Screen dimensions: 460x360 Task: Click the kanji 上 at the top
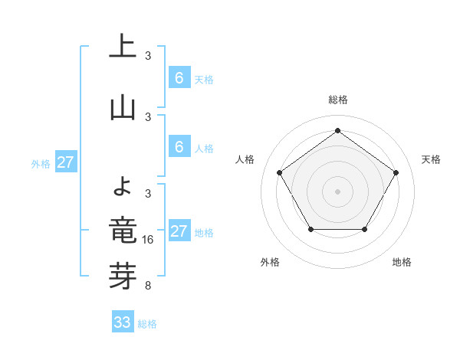click(x=123, y=47)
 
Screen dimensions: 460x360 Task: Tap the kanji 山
click(x=123, y=108)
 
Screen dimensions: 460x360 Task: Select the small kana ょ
click(x=123, y=184)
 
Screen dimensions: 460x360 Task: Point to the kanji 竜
click(x=123, y=231)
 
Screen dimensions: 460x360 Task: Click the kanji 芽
click(x=123, y=277)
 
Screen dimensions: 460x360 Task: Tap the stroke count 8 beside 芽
click(x=148, y=286)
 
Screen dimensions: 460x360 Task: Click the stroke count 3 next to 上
click(x=148, y=56)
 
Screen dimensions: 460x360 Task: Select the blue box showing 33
click(x=123, y=322)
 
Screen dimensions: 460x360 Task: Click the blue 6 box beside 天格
click(x=179, y=78)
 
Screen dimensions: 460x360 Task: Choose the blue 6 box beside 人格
click(x=179, y=147)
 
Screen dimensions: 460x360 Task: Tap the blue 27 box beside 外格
click(x=66, y=162)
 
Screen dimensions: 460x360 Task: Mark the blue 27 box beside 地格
click(x=179, y=231)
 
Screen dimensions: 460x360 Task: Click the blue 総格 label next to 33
click(x=147, y=324)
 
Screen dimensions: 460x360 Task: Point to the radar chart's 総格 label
click(x=337, y=100)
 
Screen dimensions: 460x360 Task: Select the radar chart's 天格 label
click(x=431, y=159)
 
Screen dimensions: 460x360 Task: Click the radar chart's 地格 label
click(x=402, y=262)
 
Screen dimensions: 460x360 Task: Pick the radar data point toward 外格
click(x=310, y=230)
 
